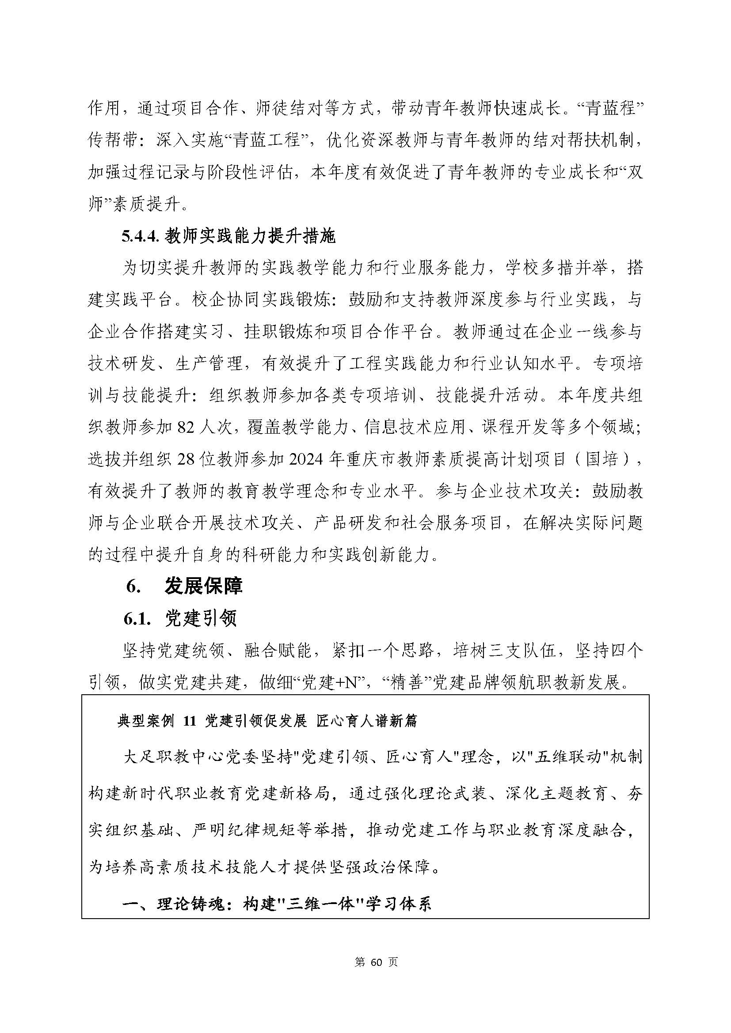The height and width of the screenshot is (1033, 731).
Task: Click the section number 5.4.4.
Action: coord(141,237)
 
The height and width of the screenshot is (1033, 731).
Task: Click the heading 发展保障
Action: coord(203,586)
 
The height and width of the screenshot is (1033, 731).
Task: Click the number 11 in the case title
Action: coord(190,721)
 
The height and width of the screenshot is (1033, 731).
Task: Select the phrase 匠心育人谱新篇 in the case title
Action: coord(367,721)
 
